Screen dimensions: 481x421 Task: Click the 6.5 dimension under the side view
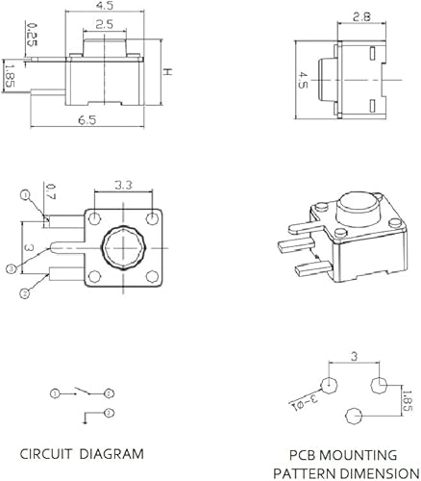pyautogui.click(x=87, y=120)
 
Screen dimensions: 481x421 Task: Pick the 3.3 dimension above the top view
pyautogui.click(x=123, y=184)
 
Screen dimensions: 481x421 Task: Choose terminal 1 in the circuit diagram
pyautogui.click(x=55, y=393)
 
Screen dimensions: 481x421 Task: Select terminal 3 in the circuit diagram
pyautogui.click(x=110, y=393)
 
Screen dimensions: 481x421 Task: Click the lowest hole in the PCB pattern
pyautogui.click(x=353, y=416)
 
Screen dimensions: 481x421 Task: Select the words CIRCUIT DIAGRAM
pyautogui.click(x=83, y=453)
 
